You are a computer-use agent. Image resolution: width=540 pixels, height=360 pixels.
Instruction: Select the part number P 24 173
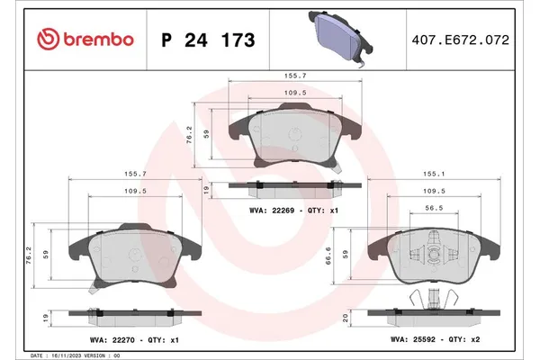coord(207,40)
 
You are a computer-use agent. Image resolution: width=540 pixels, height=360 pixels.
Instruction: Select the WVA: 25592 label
coord(412,339)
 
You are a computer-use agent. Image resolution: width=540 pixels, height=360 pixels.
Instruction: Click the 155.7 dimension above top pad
coord(290,77)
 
